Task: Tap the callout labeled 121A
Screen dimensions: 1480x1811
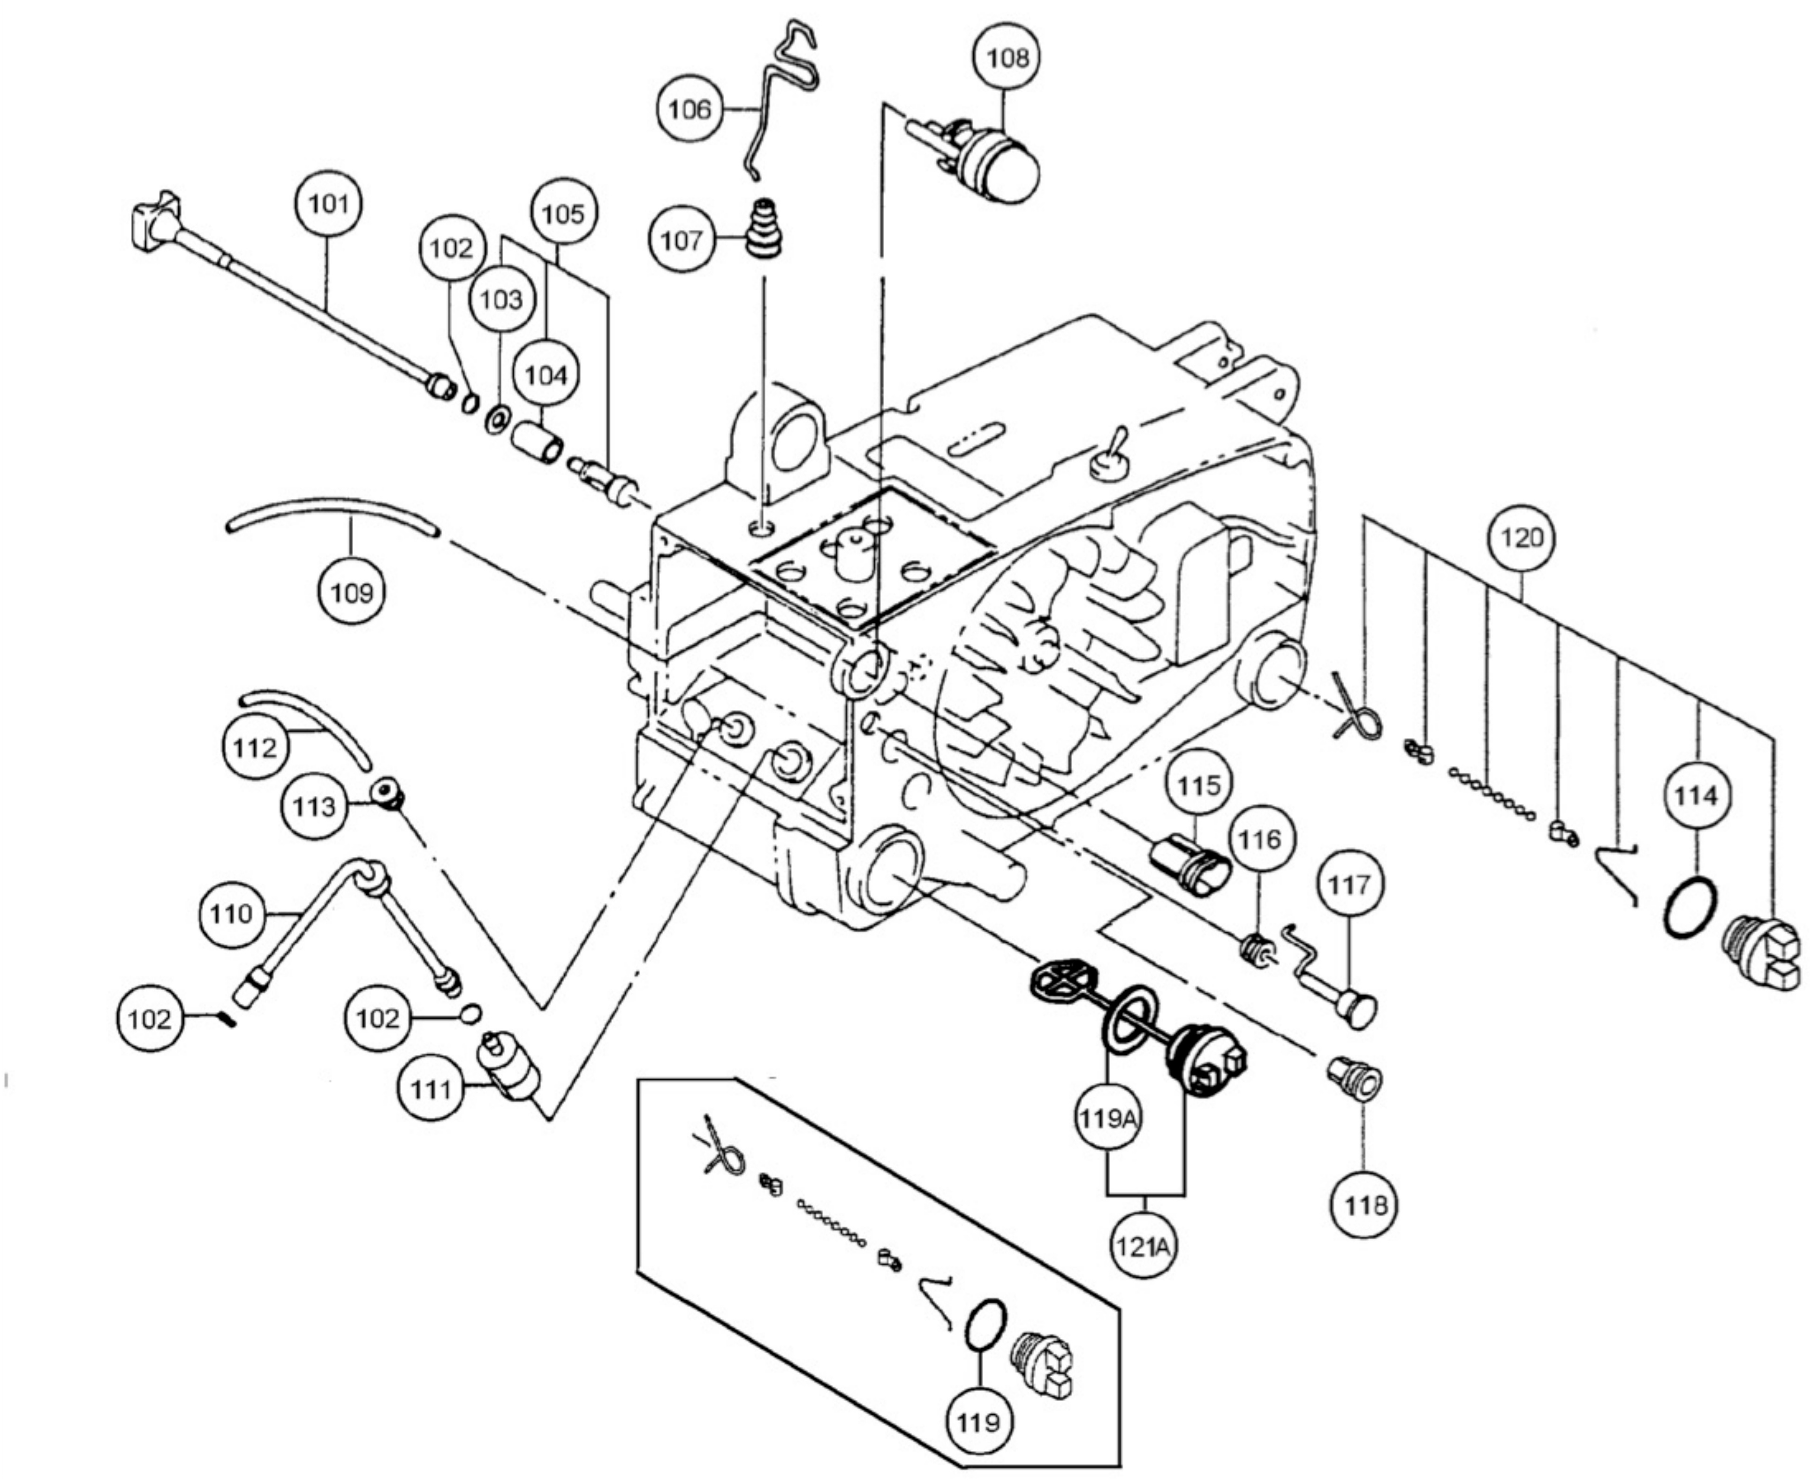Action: pos(1143,1246)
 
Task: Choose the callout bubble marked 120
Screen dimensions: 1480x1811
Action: pos(1521,538)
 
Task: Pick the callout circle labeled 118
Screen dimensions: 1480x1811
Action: pos(1366,1205)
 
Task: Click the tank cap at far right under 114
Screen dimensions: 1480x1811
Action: pos(1760,955)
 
